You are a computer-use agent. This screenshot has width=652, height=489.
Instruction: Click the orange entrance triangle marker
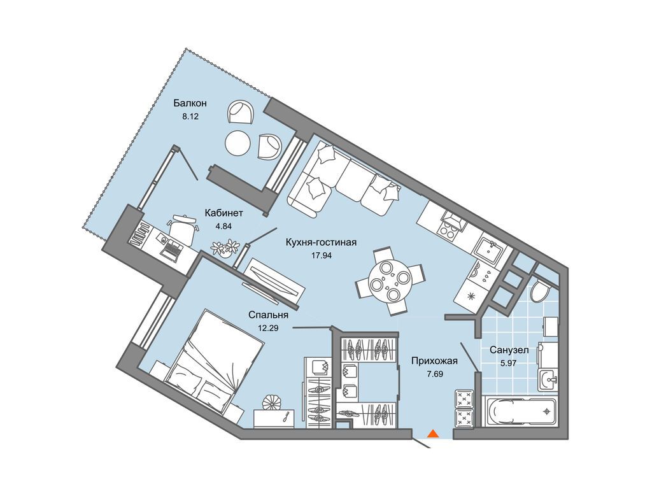pyautogui.click(x=433, y=434)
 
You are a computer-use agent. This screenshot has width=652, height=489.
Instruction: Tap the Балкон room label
pyautogui.click(x=190, y=103)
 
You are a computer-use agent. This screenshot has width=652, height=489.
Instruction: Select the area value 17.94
pyautogui.click(x=322, y=256)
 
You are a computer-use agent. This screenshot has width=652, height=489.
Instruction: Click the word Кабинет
pyautogui.click(x=223, y=213)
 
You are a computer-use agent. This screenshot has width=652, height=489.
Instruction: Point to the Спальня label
pyautogui.click(x=268, y=315)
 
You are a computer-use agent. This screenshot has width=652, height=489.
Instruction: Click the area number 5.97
pyautogui.click(x=509, y=363)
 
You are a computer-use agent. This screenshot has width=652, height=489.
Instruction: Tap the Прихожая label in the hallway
pyautogui.click(x=434, y=361)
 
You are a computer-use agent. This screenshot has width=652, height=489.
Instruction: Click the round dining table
pyautogui.click(x=390, y=281)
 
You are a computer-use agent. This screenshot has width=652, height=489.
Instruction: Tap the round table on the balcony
pyautogui.click(x=238, y=143)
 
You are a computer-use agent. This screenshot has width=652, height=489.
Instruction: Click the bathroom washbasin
pyautogui.click(x=549, y=379)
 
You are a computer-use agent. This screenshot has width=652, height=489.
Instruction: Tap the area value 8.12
pyautogui.click(x=190, y=117)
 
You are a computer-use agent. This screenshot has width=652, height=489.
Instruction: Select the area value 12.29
pyautogui.click(x=268, y=328)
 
